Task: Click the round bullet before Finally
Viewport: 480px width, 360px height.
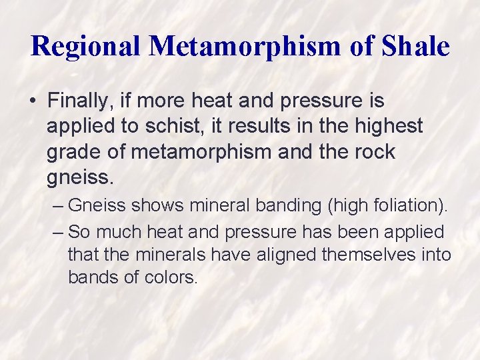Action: point(33,101)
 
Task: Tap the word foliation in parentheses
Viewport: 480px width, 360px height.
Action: point(406,206)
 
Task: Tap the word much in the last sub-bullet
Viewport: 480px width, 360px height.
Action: point(114,232)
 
